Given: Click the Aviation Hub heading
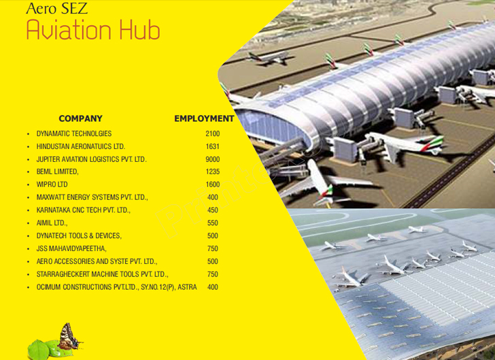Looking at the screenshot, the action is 93,29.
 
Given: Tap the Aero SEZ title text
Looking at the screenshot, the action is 57,8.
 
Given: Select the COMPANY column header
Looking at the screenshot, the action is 80,118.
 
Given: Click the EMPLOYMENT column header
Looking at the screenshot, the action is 204,118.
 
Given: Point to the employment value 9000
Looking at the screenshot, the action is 212,159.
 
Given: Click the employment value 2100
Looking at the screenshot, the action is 212,133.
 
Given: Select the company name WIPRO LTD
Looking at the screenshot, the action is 52,184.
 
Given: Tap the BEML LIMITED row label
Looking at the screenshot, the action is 57,171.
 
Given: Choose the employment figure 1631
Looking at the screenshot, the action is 212,146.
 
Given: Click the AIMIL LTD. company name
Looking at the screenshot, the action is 52,223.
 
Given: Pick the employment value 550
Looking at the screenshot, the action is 212,223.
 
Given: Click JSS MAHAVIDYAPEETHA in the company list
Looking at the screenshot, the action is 71,248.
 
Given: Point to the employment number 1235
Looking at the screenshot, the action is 212,171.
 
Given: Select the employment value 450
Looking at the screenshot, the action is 212,210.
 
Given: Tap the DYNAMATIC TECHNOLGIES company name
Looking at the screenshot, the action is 74,133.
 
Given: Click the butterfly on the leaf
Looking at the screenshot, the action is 69,337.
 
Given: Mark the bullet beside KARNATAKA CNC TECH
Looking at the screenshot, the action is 29,210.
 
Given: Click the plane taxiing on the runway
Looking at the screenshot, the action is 269,58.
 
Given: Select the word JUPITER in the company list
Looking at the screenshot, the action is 48,159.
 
